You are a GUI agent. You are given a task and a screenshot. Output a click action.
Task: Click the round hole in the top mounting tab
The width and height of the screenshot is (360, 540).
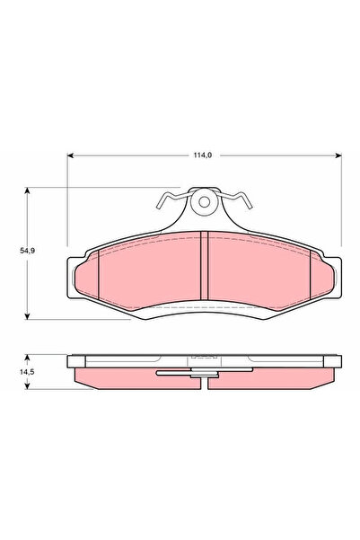(x=206, y=203)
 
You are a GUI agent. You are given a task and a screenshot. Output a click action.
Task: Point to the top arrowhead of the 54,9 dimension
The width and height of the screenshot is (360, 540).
(x=31, y=190)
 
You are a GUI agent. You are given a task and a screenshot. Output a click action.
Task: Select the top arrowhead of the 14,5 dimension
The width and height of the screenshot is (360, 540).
(x=31, y=357)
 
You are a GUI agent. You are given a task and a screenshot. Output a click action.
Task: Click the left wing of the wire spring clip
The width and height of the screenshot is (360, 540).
(x=171, y=198)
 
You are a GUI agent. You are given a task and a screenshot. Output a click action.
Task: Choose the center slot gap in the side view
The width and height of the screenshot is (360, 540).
(x=206, y=379)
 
